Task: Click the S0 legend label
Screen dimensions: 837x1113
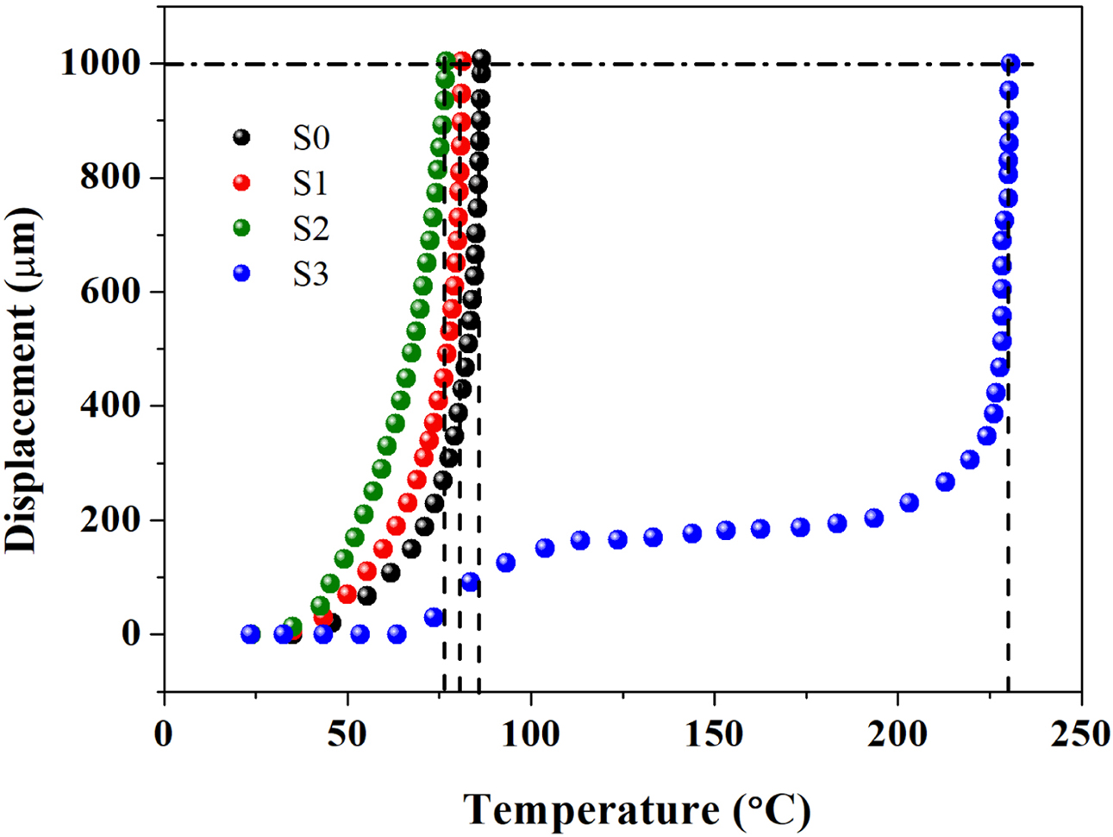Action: coord(310,138)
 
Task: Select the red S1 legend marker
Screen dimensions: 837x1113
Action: coord(242,183)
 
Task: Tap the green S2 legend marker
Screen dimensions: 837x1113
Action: coord(242,228)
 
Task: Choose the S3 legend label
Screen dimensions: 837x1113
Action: coord(310,274)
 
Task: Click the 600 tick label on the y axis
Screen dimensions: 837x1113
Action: coord(109,292)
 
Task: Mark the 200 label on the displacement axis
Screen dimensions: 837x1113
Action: coord(109,520)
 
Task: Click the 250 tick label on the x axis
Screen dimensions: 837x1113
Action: coord(1081,734)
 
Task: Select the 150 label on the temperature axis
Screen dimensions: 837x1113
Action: coord(714,734)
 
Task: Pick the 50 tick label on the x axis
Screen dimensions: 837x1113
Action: coord(347,734)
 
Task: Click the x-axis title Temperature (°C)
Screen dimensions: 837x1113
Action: coord(638,809)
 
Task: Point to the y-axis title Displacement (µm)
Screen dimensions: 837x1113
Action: coord(23,380)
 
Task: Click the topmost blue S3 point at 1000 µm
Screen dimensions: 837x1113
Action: coord(1010,63)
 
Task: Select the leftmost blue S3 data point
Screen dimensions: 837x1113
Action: coord(250,634)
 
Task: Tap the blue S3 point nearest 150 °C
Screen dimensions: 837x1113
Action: coord(725,531)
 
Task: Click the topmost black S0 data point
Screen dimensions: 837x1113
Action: coord(481,59)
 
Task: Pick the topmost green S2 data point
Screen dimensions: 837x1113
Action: coord(445,60)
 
